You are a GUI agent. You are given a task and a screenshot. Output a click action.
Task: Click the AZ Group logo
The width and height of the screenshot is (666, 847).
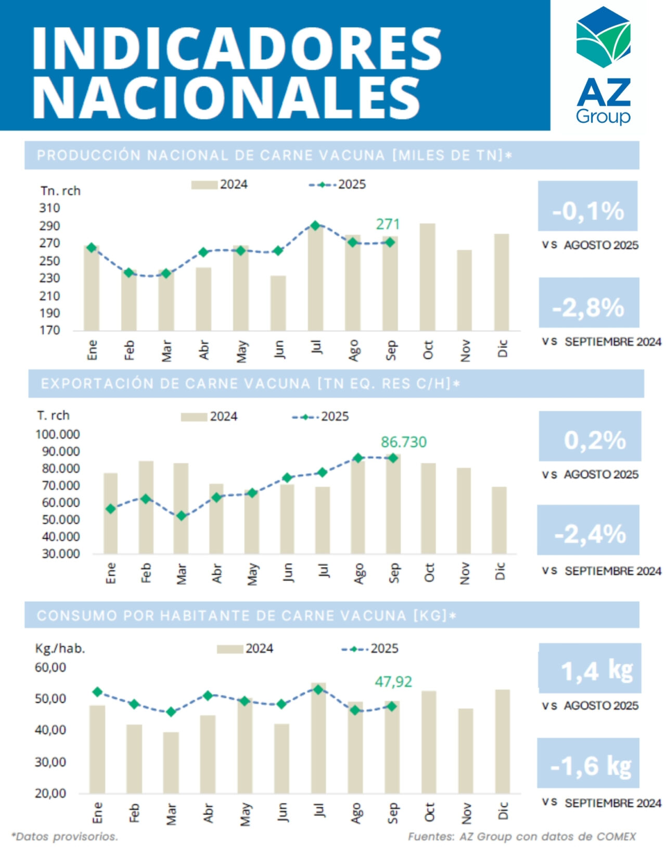pos(603,65)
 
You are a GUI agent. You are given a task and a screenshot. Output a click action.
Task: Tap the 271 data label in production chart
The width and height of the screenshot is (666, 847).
pos(388,224)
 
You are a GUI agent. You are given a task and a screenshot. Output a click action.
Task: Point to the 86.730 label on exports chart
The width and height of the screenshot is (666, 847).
pos(403,442)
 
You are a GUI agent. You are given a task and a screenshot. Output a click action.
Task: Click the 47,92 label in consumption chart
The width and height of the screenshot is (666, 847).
pos(393,681)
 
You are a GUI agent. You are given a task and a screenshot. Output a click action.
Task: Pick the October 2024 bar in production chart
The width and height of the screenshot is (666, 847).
pos(427,276)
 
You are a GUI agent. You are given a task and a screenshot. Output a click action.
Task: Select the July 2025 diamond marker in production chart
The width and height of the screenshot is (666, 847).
pos(315,225)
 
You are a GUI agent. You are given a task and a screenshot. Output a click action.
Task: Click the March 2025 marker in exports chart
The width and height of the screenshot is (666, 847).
pos(181,516)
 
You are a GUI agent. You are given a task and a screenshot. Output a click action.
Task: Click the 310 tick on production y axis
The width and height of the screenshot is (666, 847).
pos(50,208)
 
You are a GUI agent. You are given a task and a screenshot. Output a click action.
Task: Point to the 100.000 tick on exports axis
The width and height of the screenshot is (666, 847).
pos(58,434)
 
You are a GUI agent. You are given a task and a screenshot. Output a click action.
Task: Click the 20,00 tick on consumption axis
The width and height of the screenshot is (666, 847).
pos(50,793)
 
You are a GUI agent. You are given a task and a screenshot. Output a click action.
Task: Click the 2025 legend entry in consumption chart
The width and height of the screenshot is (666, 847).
pos(370,649)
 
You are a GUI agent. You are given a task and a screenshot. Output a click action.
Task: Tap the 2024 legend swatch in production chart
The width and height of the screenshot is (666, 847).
pos(204,185)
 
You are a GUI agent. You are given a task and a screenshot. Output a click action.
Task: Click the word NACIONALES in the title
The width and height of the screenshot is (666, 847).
pos(226,97)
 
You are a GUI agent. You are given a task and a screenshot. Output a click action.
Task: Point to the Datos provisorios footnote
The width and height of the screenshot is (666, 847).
pos(65,837)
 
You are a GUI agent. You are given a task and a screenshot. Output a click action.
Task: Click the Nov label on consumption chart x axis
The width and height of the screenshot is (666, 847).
pos(466,812)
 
